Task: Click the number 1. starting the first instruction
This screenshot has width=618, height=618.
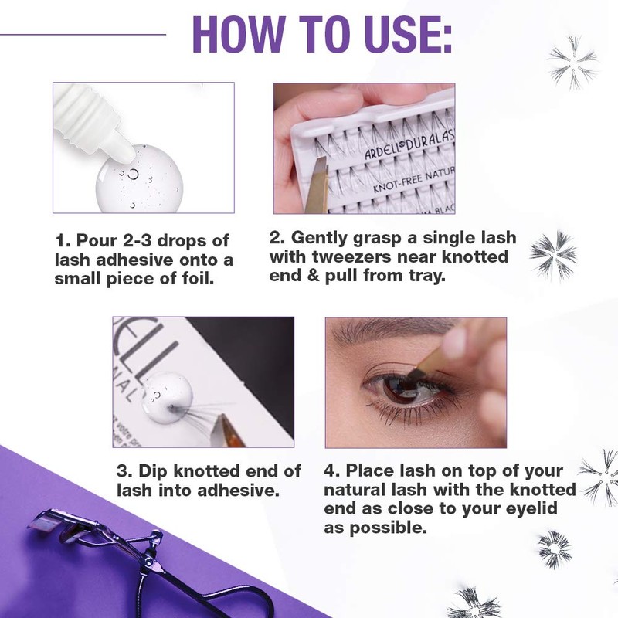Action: click(x=63, y=239)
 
